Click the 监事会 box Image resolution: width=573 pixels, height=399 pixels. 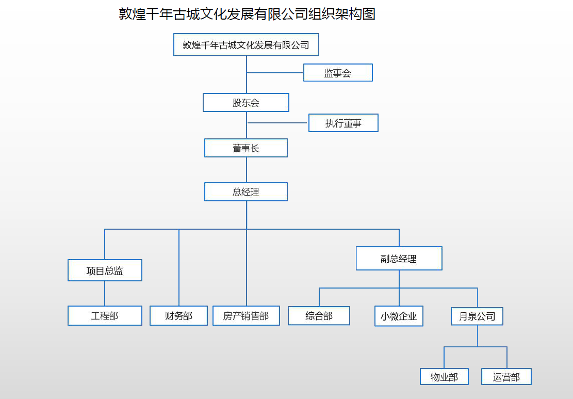coord(338,73)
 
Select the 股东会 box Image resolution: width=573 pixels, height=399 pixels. coord(246,103)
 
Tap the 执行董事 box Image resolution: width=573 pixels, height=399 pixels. coord(343,123)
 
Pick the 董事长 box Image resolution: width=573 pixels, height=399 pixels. coord(246,148)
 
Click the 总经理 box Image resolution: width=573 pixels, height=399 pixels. coord(246,192)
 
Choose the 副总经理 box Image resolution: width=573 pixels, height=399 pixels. coord(399,259)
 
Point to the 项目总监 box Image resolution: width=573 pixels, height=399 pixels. coord(105,270)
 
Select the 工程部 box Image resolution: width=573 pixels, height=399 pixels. coord(105,316)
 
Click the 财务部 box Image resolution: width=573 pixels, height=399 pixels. coord(178,316)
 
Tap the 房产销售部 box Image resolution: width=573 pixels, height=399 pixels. coord(246,316)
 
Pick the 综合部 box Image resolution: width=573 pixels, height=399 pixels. coord(319,316)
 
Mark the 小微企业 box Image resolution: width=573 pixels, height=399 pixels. coord(399,316)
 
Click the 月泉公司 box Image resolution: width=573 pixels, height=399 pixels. coord(477,316)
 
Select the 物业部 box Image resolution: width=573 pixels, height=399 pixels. coord(444,377)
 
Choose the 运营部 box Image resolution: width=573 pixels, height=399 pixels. coord(506,377)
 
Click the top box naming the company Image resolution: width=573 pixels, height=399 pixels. coord(246,45)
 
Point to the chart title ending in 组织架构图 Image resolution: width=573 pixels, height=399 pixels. coord(247,14)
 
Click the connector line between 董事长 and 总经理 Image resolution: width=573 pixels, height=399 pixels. coord(247,170)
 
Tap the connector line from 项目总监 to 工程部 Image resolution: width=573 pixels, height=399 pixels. coord(105,294)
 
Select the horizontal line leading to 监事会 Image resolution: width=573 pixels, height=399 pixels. coord(275,73)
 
